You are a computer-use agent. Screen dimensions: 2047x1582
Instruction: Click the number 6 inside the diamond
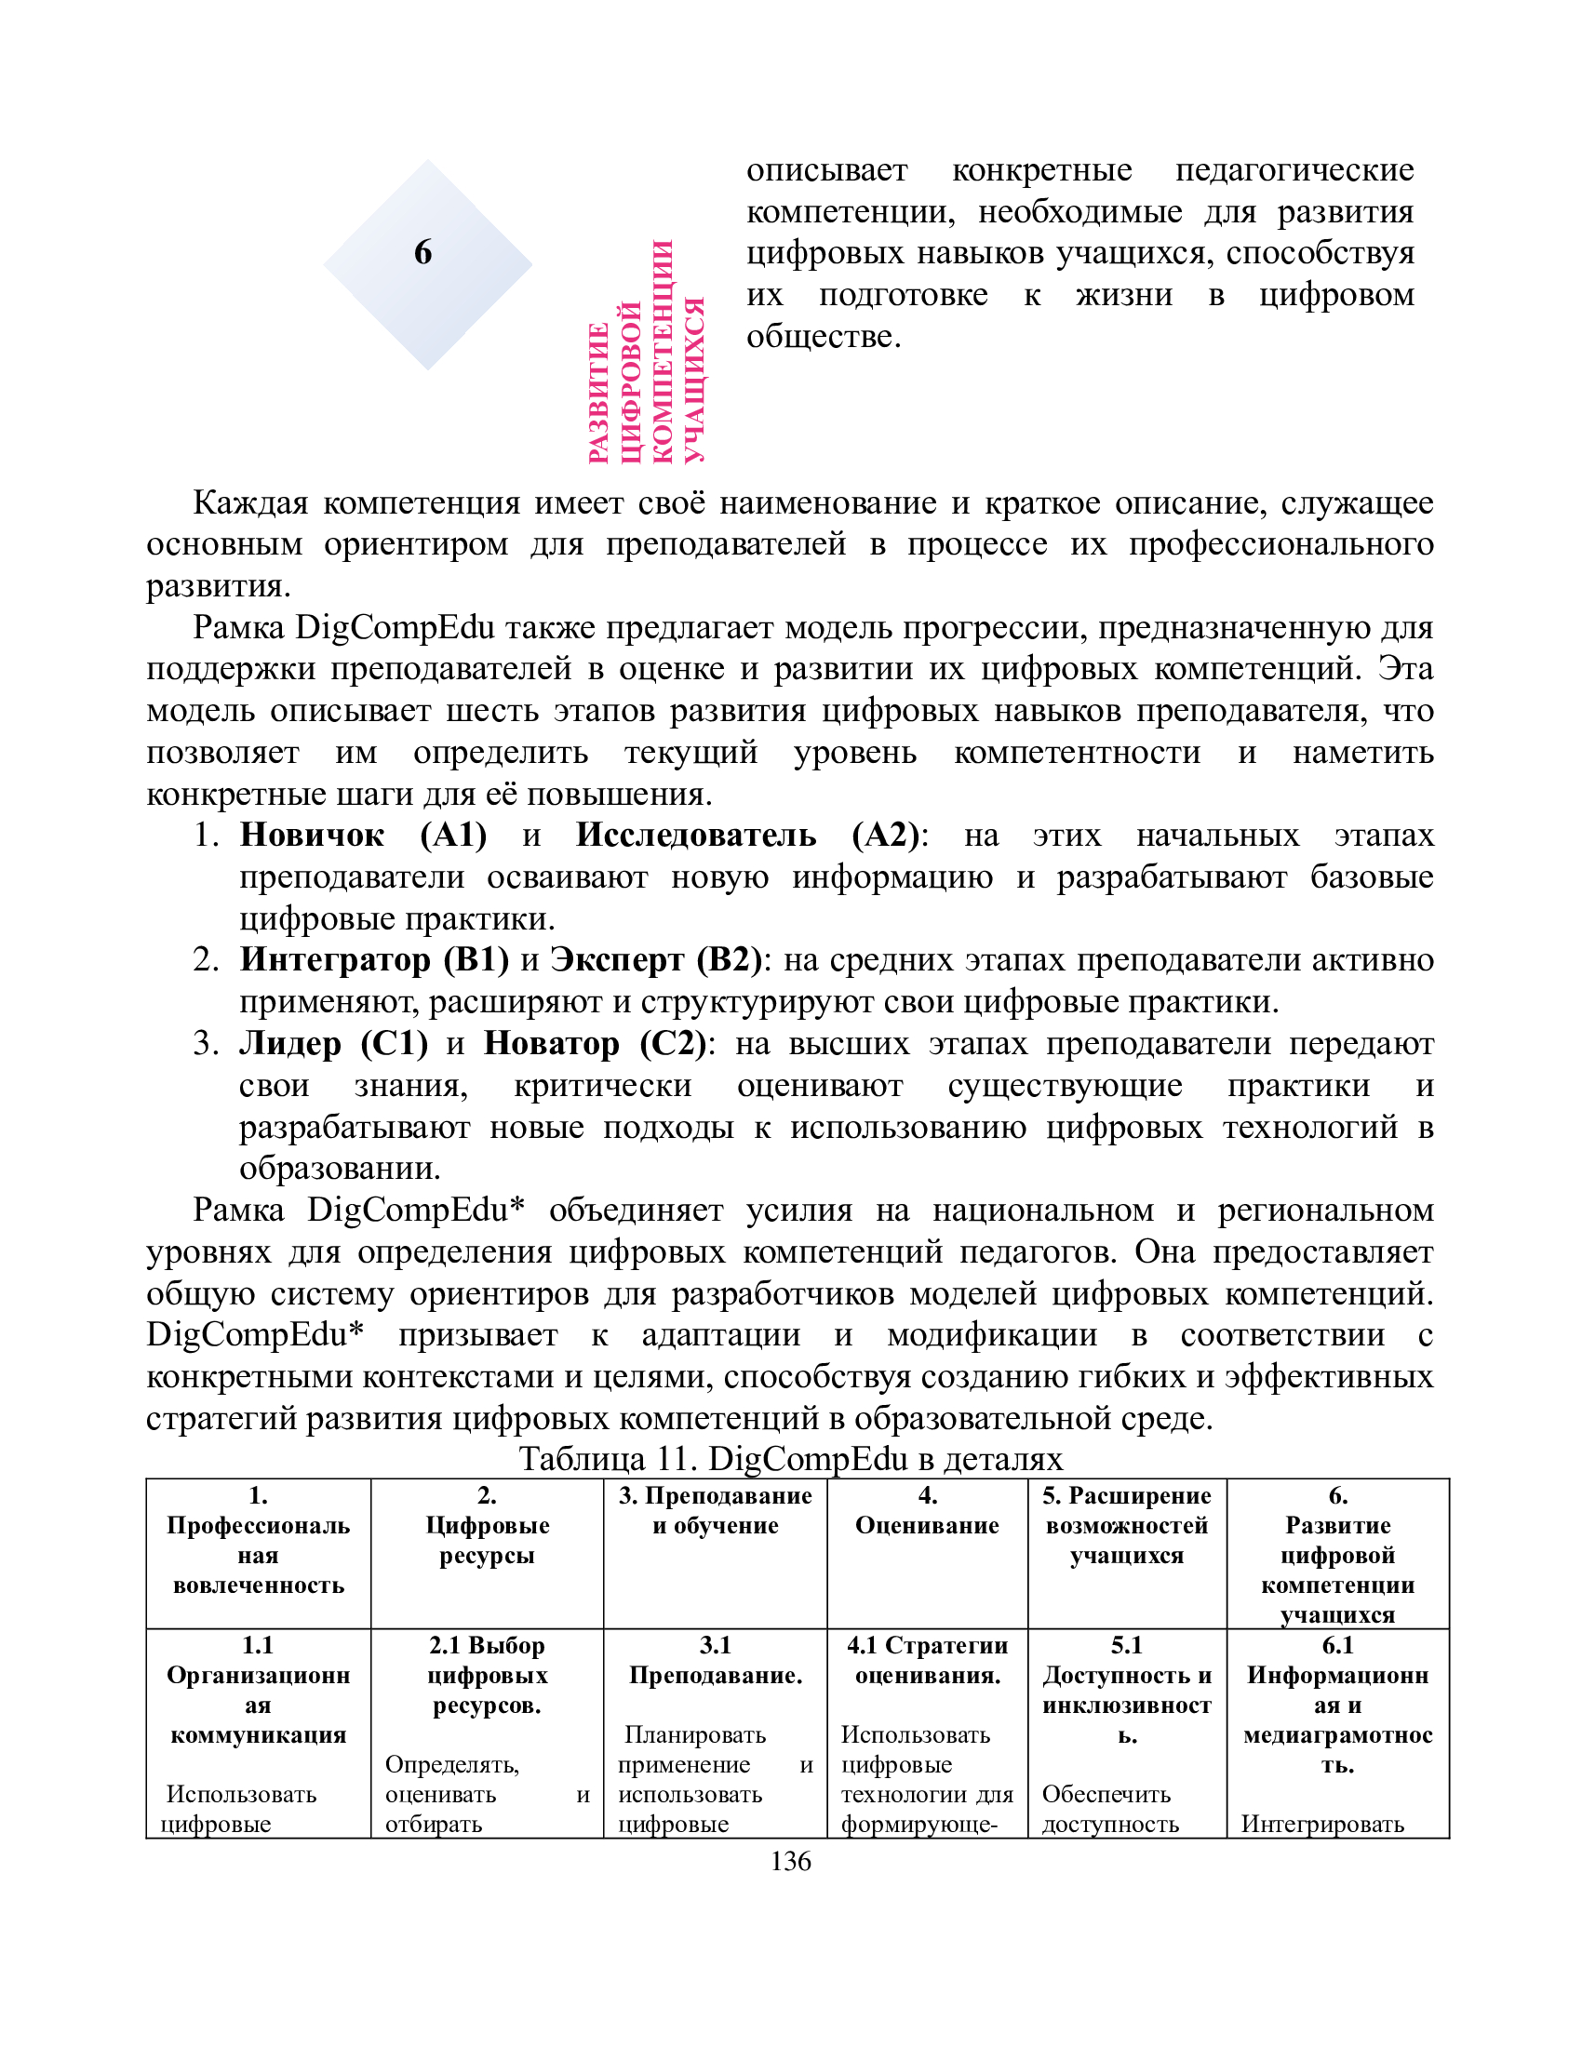(422, 252)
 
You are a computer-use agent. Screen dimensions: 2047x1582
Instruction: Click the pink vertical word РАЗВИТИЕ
(600, 394)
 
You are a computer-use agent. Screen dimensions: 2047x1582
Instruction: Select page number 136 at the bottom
(790, 1861)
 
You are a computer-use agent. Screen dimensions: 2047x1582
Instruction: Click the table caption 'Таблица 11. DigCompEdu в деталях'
(790, 1458)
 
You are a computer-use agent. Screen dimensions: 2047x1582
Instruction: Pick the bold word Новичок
(311, 836)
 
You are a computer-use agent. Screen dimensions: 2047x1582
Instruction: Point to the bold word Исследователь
(695, 836)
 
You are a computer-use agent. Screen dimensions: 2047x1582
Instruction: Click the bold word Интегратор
(335, 960)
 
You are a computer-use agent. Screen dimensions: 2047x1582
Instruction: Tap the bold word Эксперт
(617, 960)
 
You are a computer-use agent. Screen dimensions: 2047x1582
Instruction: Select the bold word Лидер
(289, 1043)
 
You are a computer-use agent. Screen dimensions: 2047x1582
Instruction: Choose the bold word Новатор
(551, 1043)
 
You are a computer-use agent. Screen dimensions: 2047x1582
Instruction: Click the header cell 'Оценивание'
(927, 1525)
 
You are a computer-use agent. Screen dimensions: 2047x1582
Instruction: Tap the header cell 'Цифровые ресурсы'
(487, 1540)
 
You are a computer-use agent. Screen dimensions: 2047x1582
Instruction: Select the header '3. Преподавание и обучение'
(715, 1510)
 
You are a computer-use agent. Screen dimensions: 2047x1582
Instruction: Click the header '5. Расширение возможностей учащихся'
(1127, 1525)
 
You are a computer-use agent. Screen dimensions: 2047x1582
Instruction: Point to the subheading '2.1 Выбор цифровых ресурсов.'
(487, 1675)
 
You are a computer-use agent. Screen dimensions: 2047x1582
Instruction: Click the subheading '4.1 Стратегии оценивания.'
(927, 1660)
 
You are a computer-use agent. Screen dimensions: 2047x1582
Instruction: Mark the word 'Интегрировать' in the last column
(1322, 1824)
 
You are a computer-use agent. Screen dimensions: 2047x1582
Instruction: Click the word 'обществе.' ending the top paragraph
(823, 337)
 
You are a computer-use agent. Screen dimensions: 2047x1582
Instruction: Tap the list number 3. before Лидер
(207, 1043)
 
